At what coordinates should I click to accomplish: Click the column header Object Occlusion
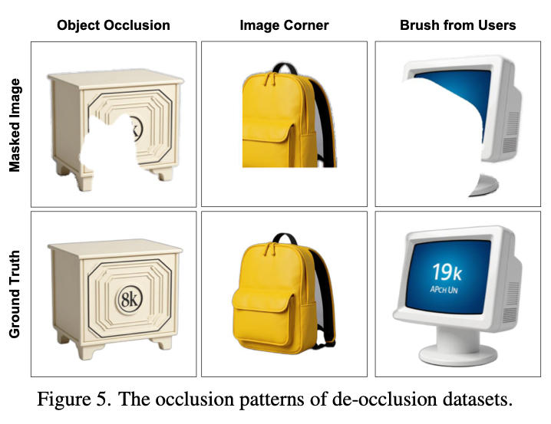(x=114, y=25)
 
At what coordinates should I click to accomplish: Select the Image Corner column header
(x=284, y=25)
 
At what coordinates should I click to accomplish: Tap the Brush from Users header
(x=458, y=25)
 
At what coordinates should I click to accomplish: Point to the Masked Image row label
(x=15, y=125)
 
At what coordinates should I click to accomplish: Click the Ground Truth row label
(x=15, y=294)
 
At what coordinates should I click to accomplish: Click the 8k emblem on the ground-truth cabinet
(x=130, y=299)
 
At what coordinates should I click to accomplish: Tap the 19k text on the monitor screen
(x=447, y=271)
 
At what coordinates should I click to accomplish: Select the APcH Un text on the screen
(x=444, y=290)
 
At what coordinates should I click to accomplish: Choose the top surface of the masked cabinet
(x=115, y=79)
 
